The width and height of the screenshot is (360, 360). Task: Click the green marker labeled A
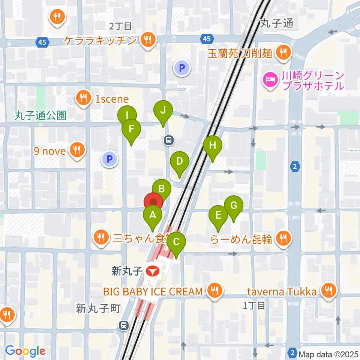[152, 216]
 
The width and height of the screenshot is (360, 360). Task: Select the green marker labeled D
[179, 162]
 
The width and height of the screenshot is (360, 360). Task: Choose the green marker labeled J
[163, 111]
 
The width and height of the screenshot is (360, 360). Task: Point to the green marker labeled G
[233, 206]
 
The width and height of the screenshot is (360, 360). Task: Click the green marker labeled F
[131, 129]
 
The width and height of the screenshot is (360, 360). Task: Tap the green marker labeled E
[218, 216]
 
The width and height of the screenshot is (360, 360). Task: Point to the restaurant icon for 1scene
[82, 98]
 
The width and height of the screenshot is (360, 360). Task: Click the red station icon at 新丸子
[152, 271]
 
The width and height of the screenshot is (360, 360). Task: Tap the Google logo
[25, 351]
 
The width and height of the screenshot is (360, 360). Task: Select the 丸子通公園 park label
[40, 115]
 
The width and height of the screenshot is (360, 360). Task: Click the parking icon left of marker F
[109, 159]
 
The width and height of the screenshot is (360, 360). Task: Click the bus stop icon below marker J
[169, 140]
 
